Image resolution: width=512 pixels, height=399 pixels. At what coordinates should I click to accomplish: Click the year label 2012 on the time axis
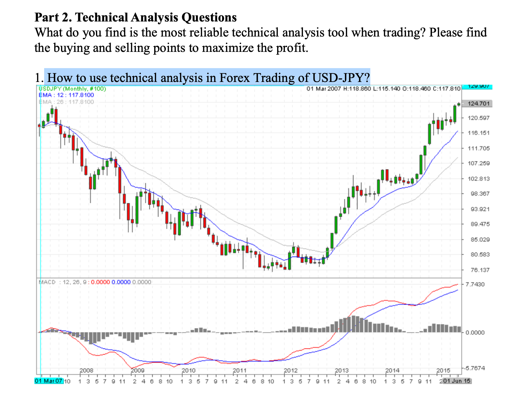pos(291,370)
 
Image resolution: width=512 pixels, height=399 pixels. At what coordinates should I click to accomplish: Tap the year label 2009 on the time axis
pos(137,370)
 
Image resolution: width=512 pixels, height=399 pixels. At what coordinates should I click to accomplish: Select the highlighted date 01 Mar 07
pos(49,381)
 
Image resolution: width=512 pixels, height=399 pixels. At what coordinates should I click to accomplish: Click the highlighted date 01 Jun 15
pos(457,381)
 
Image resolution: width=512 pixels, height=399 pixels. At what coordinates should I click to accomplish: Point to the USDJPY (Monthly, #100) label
pos(72,89)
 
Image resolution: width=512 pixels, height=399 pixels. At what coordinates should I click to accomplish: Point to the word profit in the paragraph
pos(291,48)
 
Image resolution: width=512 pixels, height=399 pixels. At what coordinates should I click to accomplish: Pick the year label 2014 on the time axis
pos(392,370)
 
